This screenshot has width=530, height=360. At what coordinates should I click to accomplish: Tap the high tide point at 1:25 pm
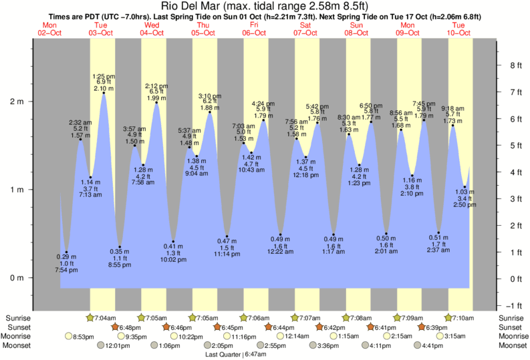coord(104,93)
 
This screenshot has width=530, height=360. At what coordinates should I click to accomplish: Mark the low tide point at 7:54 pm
coord(66,252)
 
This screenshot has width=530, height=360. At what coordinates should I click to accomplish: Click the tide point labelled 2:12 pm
coord(157,102)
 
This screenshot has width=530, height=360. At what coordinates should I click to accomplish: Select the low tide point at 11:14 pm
coord(227,236)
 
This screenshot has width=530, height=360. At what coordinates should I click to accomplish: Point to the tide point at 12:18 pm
coord(305,157)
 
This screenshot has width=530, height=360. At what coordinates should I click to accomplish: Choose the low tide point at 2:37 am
coord(438,232)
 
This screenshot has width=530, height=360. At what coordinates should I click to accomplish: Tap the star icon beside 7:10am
coord(449,317)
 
